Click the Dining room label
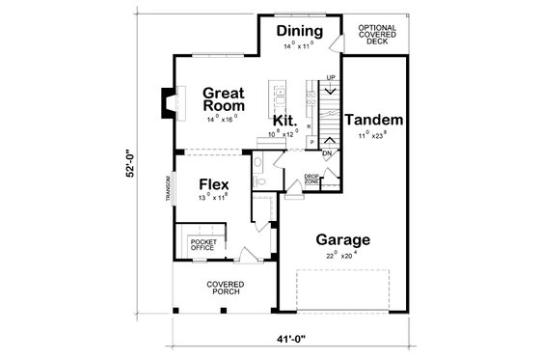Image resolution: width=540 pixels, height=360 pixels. [x=299, y=32]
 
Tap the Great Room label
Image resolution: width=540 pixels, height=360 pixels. [x=223, y=99]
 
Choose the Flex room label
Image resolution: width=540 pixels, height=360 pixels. [x=213, y=184]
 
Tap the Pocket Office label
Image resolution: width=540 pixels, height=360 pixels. [x=203, y=244]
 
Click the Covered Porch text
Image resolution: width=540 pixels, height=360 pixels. [x=224, y=289]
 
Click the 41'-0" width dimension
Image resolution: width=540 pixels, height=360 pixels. [x=282, y=339]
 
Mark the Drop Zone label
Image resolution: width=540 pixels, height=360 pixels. [x=311, y=180]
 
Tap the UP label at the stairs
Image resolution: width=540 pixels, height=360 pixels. [x=331, y=77]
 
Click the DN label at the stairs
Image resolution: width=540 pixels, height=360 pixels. [x=327, y=153]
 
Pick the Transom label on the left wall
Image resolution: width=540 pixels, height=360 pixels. [x=168, y=189]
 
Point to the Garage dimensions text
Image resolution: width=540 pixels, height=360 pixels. [x=340, y=257]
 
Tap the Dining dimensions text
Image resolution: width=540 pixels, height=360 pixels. [x=299, y=45]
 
